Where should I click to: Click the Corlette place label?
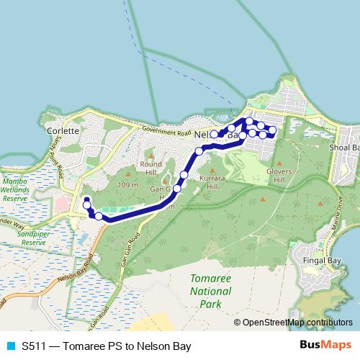coord(62,132)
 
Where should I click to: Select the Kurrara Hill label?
coord(212,181)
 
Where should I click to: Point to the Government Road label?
coord(166,132)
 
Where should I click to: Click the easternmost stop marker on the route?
coord(273,130)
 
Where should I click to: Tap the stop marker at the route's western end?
coord(86,200)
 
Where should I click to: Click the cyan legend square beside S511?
coord(10,346)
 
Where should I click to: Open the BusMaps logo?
coord(325,345)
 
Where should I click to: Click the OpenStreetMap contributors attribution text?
coord(297,322)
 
